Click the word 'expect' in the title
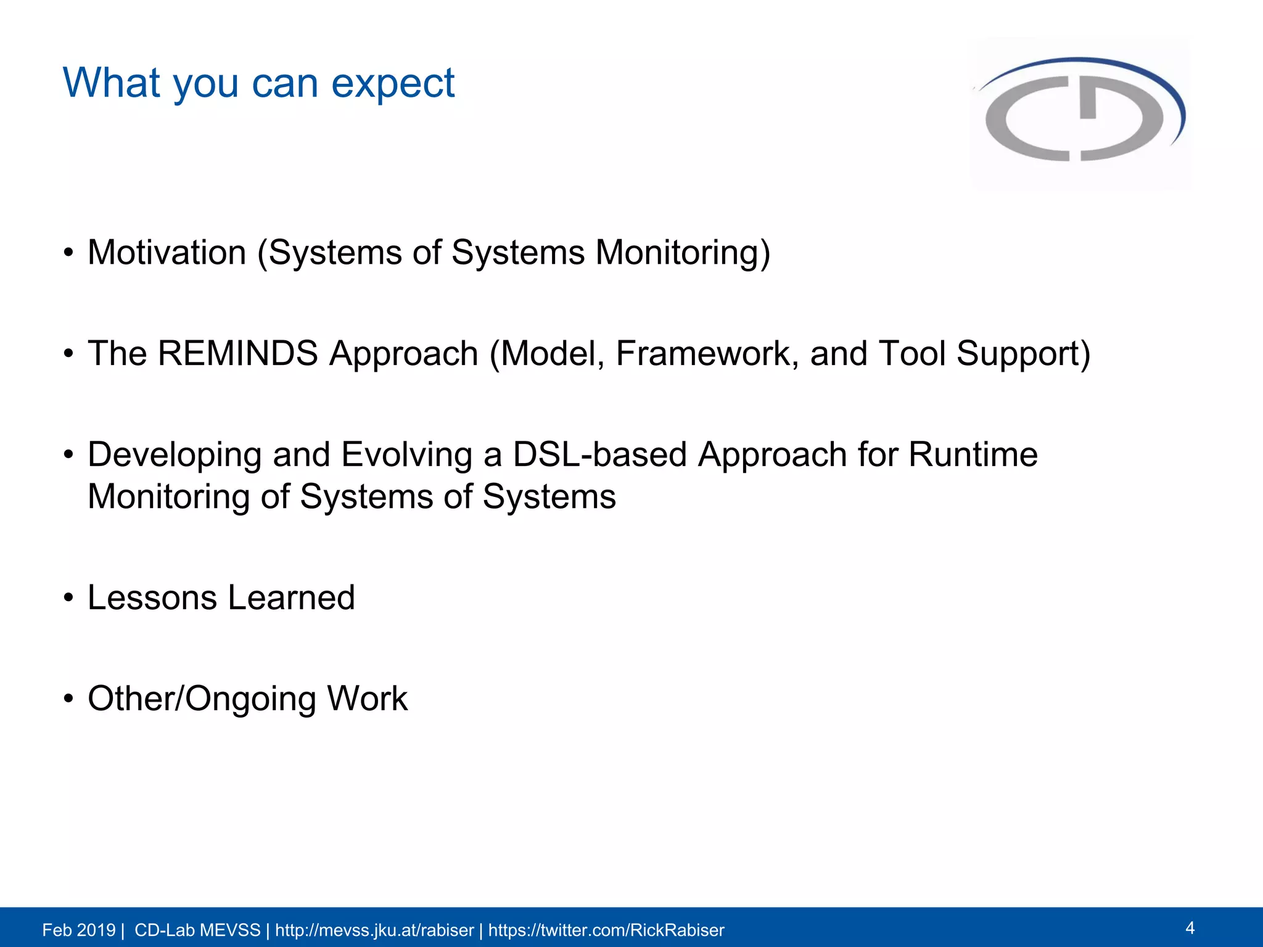pyautogui.click(x=393, y=84)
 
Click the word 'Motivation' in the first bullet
pyautogui.click(x=167, y=253)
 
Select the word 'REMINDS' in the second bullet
pyautogui.click(x=237, y=354)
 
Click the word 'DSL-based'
pyautogui.click(x=599, y=455)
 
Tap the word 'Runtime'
pyautogui.click(x=973, y=455)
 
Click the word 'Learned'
pyautogui.click(x=291, y=597)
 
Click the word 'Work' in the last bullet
pyautogui.click(x=367, y=699)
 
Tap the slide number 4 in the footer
pyautogui.click(x=1190, y=928)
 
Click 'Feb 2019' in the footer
pyautogui.click(x=78, y=930)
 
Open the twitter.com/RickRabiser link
pyautogui.click(x=606, y=930)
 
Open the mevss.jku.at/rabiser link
pyautogui.click(x=374, y=930)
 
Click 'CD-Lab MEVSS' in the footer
pyautogui.click(x=197, y=930)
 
